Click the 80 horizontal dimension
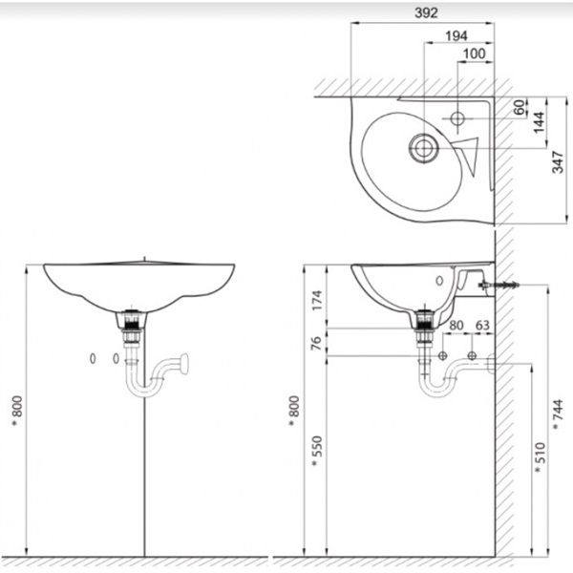coord(456,325)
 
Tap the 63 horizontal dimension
coord(482,325)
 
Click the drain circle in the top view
coord(422,147)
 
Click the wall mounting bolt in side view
coord(500,285)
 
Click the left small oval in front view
coord(93,358)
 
